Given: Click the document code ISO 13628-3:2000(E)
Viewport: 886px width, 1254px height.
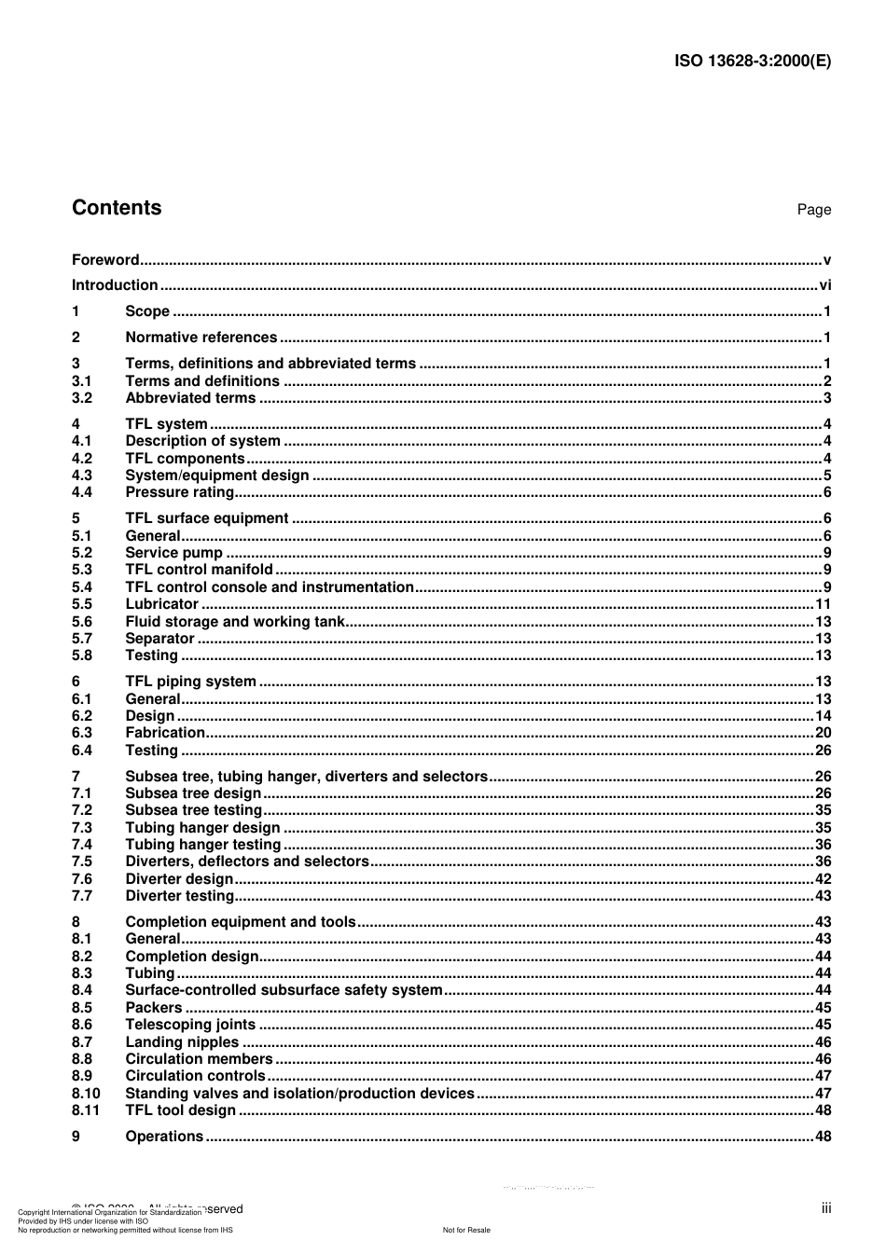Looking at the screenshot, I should click(x=752, y=62).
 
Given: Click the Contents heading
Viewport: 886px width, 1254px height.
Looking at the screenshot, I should click(x=117, y=208).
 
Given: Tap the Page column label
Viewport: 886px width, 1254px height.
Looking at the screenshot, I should click(x=813, y=210).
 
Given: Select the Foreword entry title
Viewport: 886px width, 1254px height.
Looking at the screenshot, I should click(x=105, y=260).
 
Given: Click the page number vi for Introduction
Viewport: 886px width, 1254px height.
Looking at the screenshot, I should click(x=824, y=285).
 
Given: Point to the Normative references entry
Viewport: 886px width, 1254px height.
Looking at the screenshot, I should click(x=201, y=338).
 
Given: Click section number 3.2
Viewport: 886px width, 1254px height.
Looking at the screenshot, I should click(x=82, y=398).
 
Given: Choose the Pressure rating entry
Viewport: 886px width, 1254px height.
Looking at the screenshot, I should click(x=179, y=492).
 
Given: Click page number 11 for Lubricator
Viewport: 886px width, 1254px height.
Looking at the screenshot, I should click(x=823, y=604).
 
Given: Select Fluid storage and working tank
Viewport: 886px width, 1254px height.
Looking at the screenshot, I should click(x=235, y=622).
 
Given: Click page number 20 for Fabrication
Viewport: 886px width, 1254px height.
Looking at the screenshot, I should click(x=823, y=733).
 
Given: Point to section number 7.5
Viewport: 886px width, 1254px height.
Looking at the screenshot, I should click(x=82, y=861).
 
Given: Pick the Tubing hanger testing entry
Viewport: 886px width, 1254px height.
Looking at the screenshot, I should click(x=202, y=845).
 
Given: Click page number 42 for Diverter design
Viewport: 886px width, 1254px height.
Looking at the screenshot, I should click(x=823, y=879).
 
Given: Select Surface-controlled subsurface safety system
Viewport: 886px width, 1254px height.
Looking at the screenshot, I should click(x=284, y=990).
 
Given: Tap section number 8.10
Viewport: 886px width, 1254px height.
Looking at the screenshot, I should click(x=86, y=1094).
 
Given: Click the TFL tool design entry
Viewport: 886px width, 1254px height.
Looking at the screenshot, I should click(x=180, y=1110).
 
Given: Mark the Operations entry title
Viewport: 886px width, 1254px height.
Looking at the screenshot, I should click(x=164, y=1137).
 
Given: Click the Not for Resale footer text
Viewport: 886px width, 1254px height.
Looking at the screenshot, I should click(x=466, y=1230).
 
